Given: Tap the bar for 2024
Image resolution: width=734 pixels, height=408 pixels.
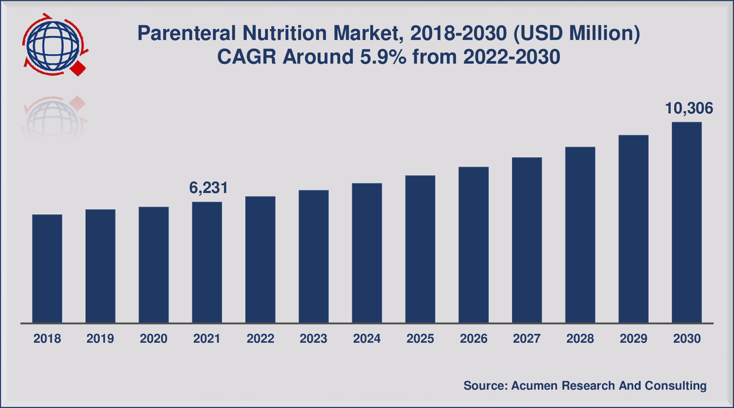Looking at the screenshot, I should (x=367, y=253).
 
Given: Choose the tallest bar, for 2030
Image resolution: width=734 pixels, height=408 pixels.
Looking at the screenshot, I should (x=687, y=222).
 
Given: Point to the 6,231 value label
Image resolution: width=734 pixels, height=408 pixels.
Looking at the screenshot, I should (x=208, y=188).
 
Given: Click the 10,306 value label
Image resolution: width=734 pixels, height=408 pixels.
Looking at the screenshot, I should (x=689, y=108).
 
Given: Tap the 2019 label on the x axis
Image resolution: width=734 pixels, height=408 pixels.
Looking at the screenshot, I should (x=100, y=339).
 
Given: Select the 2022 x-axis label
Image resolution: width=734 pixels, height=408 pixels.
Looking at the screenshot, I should (x=260, y=339).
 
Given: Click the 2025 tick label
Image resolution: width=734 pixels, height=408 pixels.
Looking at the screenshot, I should (x=420, y=339).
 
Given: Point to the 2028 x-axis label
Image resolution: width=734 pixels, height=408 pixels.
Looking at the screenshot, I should (x=580, y=339).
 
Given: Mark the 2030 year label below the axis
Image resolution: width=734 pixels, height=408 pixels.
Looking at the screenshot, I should (x=687, y=339).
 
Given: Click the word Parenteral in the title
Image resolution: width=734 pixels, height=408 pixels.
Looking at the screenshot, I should (x=186, y=33).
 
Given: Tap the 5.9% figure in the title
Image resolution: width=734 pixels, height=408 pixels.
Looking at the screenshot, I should (x=383, y=57).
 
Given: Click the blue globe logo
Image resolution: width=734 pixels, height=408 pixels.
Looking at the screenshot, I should (x=52, y=45).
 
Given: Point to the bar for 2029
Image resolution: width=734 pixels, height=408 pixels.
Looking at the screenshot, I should (x=633, y=229).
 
